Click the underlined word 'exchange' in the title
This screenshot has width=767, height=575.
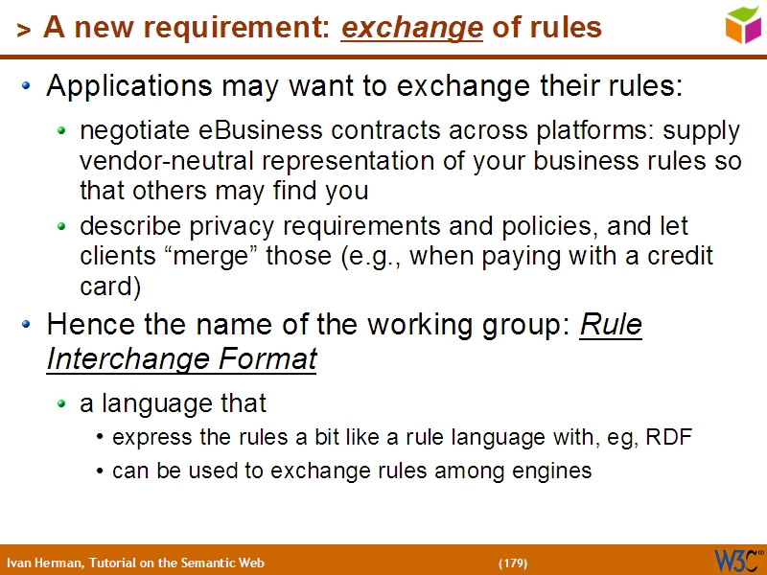point(411,29)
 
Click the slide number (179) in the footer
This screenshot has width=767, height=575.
point(512,563)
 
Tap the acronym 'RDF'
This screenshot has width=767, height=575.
point(669,438)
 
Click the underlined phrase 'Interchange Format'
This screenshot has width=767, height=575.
point(181,359)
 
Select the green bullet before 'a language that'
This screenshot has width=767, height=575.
point(62,404)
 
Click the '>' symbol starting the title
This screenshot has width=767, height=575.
point(23,31)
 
